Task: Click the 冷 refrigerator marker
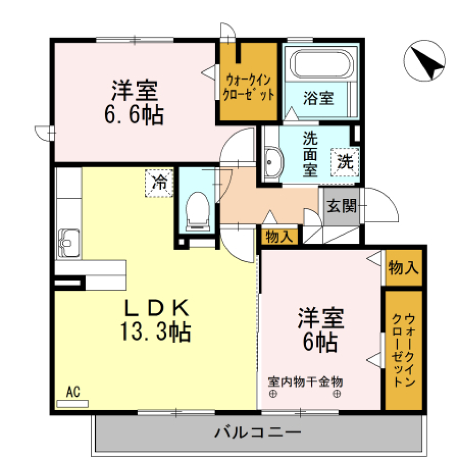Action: point(160,183)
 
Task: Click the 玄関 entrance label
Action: point(341,207)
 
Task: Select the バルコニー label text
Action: point(258,433)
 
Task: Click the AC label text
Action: point(73,393)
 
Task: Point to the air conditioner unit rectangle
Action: point(73,404)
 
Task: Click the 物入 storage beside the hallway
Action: point(280,237)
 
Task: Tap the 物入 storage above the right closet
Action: point(404,268)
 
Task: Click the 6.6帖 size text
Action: point(134,115)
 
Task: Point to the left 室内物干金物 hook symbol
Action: point(273,394)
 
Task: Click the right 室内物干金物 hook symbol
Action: point(337,394)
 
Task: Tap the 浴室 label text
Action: point(318,98)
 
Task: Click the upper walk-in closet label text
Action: point(249,87)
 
